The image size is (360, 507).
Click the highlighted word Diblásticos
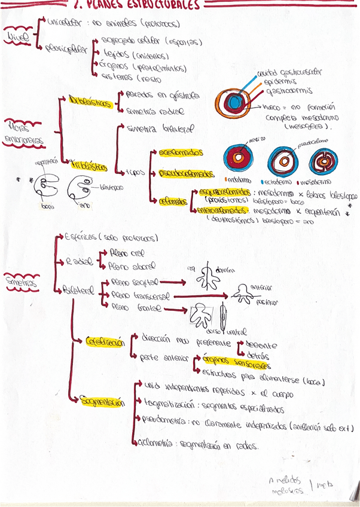[x=90, y=102]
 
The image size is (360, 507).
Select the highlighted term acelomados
[x=180, y=152]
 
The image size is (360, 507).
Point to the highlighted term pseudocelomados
[x=186, y=173]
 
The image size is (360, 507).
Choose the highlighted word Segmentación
[x=103, y=402]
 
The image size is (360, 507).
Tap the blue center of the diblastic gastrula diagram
[x=231, y=102]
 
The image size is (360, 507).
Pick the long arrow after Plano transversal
[x=200, y=295]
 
